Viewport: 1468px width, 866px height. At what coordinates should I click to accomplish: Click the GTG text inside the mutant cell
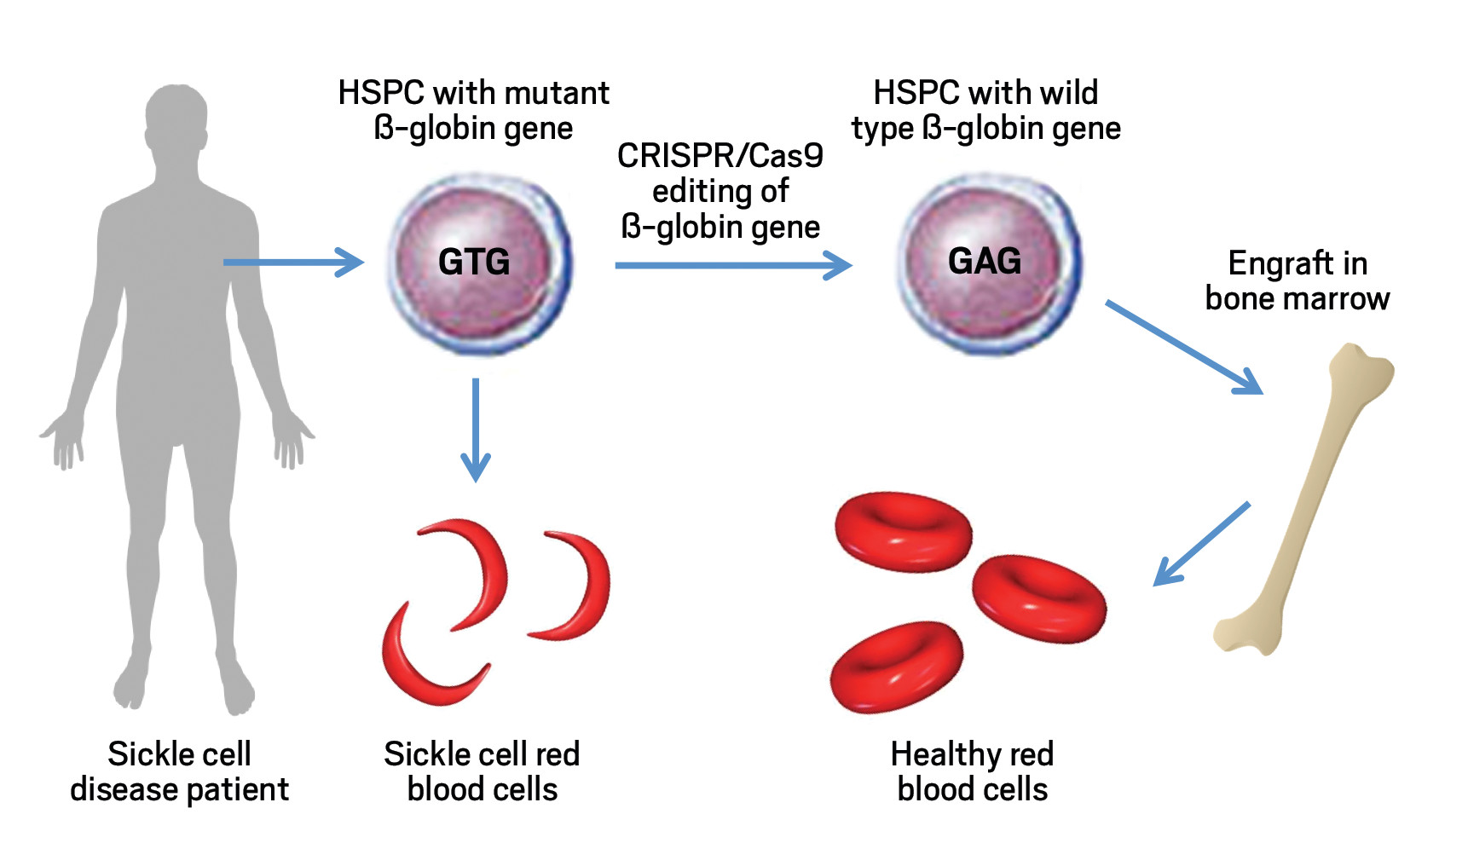click(474, 262)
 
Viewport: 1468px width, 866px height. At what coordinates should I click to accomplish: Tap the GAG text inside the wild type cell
click(985, 261)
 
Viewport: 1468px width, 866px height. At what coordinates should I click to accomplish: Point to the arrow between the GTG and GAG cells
click(733, 265)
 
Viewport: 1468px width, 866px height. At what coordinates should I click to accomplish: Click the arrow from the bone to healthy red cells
click(1201, 544)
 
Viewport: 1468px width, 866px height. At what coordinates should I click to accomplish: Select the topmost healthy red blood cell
click(903, 531)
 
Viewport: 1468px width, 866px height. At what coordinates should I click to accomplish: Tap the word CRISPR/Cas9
click(720, 156)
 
